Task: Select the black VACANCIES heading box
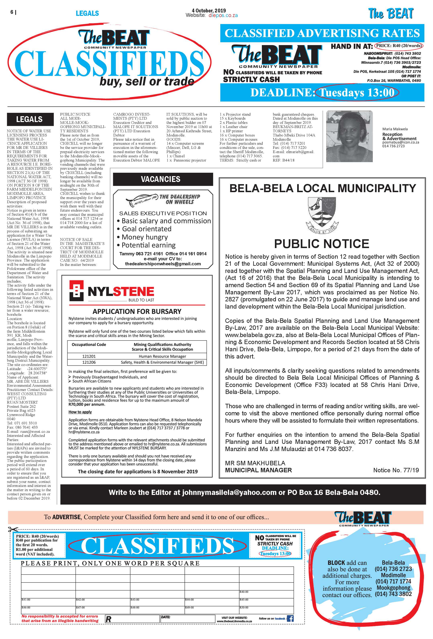pos(163,179)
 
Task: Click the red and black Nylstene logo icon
pos(76,291)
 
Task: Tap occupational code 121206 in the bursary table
pos(89,362)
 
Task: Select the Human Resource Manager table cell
pos(162,356)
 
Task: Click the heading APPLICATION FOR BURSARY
pos(137,312)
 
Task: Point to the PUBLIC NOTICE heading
pos(321,244)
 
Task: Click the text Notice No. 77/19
pos(396,470)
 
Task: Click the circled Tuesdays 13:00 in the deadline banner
pos(357,93)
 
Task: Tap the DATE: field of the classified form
pos(187,619)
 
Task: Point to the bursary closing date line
pos(138,471)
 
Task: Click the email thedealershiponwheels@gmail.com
pos(163,264)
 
